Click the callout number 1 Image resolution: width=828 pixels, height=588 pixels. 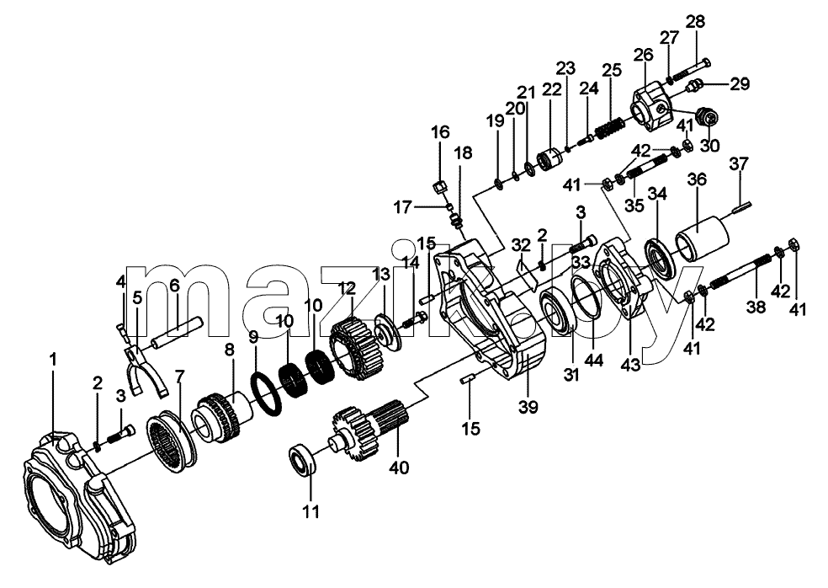(52, 360)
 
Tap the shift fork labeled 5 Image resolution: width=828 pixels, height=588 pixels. (146, 370)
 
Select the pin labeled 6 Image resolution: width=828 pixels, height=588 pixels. (177, 332)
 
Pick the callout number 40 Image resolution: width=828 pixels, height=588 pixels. (399, 468)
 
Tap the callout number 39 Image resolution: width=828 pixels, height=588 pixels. (528, 407)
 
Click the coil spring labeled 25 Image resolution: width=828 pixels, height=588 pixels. (612, 129)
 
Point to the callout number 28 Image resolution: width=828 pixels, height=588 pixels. (695, 23)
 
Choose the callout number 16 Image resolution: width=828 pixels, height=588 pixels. (441, 131)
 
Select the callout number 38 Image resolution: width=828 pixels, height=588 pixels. (756, 306)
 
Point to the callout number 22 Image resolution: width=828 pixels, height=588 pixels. (552, 90)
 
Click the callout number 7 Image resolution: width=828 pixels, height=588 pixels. (180, 377)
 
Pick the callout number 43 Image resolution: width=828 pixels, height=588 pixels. (631, 364)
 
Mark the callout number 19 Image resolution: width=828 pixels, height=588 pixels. (496, 121)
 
